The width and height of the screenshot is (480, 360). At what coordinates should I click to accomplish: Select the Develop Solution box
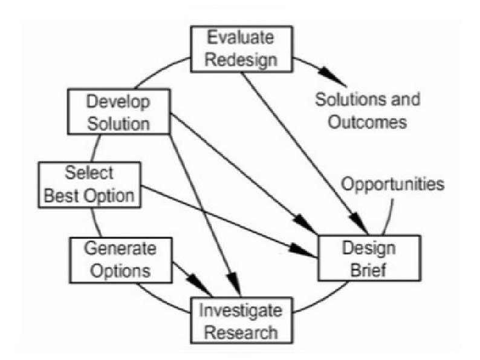pos(118,112)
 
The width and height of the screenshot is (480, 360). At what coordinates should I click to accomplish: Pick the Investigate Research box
pos(241,321)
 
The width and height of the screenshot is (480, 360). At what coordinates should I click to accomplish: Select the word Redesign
pos(242,59)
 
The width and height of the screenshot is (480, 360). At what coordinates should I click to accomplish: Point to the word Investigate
pos(241,311)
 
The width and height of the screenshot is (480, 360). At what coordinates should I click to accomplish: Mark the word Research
pos(241,333)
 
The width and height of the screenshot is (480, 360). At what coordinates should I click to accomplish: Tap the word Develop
pos(118,101)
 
